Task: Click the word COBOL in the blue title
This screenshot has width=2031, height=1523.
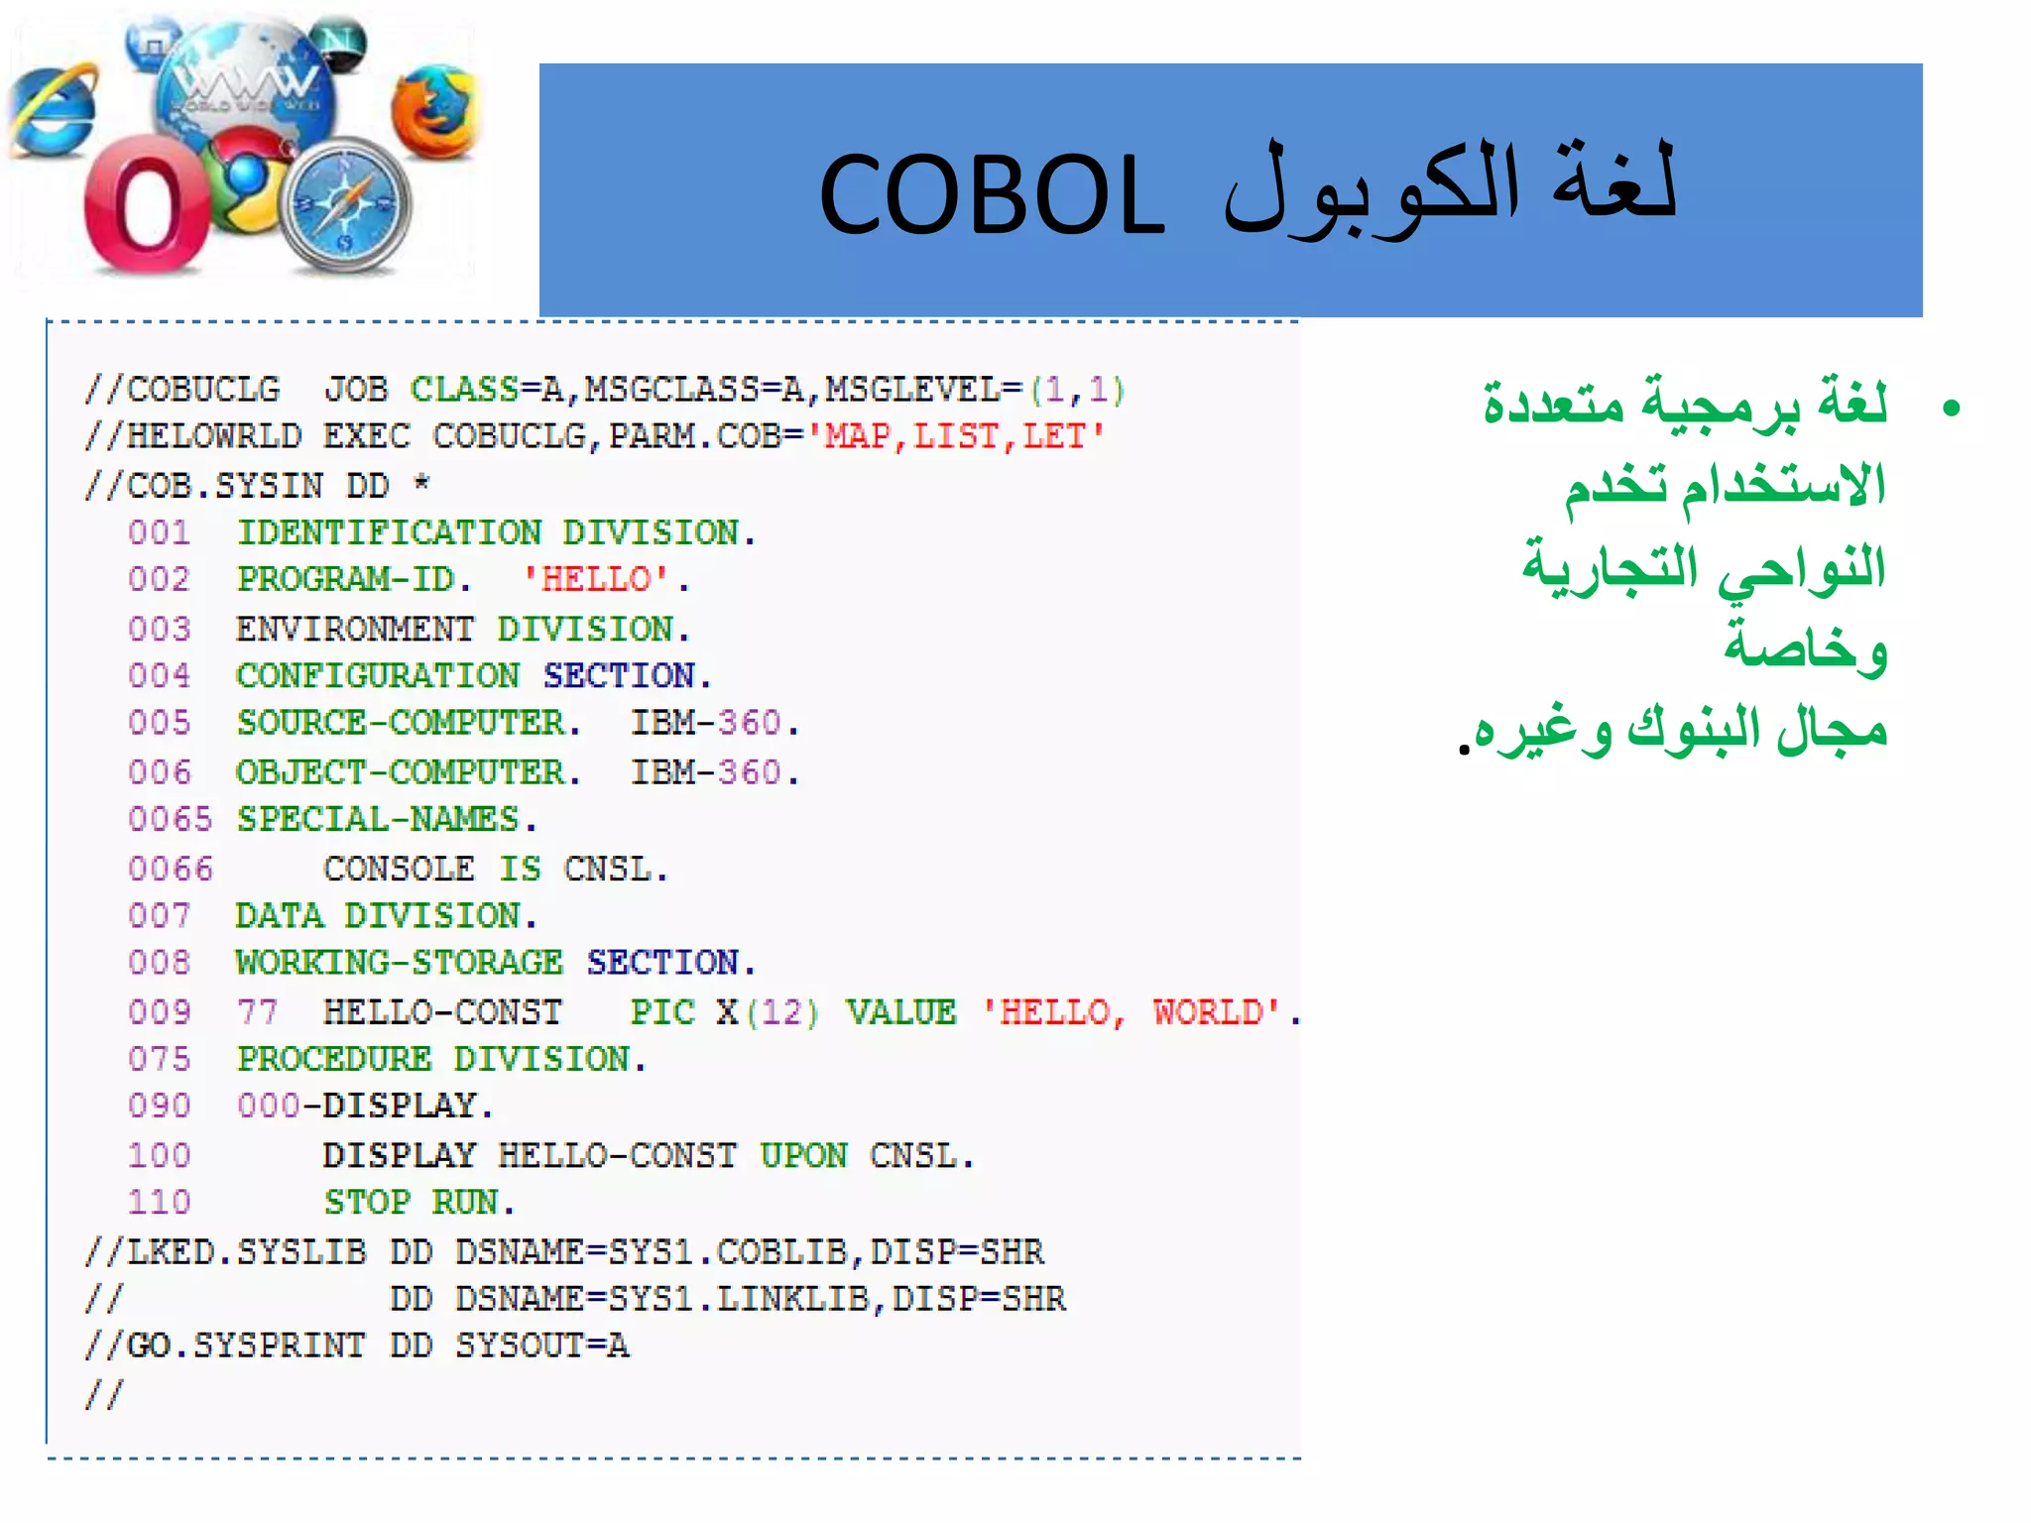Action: coord(992,195)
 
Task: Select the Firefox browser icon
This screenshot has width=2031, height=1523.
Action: coord(434,111)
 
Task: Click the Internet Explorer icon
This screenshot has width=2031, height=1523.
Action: coord(52,111)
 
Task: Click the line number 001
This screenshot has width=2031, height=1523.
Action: coord(159,532)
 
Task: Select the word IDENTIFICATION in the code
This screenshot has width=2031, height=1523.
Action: coord(389,532)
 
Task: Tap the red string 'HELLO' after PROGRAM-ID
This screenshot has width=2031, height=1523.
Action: coord(597,579)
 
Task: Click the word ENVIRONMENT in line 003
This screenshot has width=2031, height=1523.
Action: coord(354,629)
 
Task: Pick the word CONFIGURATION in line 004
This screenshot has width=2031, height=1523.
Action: coord(377,675)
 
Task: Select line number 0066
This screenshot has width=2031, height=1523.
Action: coord(170,869)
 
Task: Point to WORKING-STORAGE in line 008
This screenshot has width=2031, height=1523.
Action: coord(399,962)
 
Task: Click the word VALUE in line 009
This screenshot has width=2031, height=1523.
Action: coord(900,1012)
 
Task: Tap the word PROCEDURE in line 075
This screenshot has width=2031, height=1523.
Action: coord(334,1059)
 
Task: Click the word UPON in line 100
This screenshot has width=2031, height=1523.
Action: coord(803,1155)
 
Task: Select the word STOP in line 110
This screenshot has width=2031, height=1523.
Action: coord(366,1202)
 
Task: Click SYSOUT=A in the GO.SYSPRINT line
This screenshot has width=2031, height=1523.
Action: coord(541,1346)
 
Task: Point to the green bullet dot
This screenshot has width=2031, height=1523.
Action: coord(1952,408)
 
